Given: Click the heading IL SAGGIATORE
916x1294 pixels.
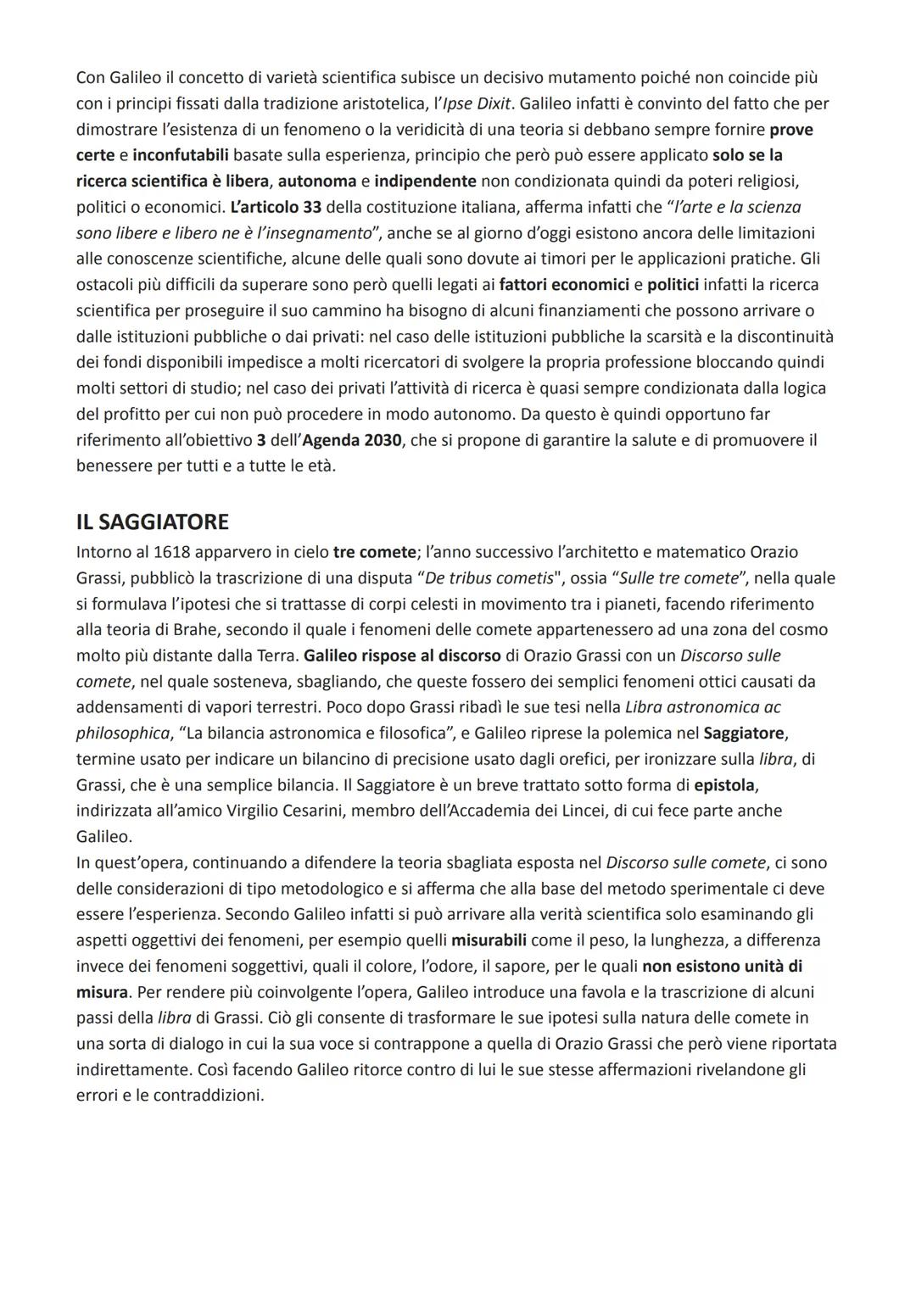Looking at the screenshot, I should click(152, 522).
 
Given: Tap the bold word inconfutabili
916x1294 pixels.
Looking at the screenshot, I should click(181, 155).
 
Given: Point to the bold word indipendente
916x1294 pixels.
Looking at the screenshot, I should click(425, 181).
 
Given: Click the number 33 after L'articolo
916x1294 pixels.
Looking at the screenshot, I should click(311, 207).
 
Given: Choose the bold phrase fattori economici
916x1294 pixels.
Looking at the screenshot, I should click(563, 285).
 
